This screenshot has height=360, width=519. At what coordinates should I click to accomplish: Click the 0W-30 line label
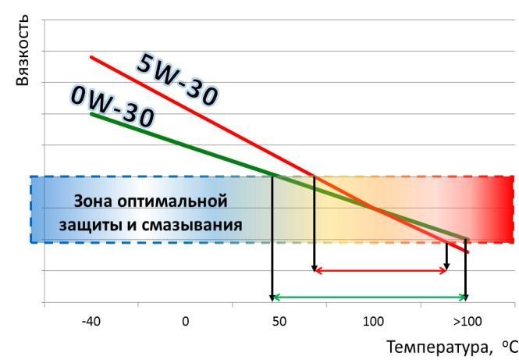tap(112, 107)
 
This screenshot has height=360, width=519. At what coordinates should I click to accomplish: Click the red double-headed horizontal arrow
tap(380, 271)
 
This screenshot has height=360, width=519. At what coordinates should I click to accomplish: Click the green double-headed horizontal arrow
tap(368, 298)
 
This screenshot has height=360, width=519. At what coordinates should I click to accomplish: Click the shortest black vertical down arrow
tap(446, 256)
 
